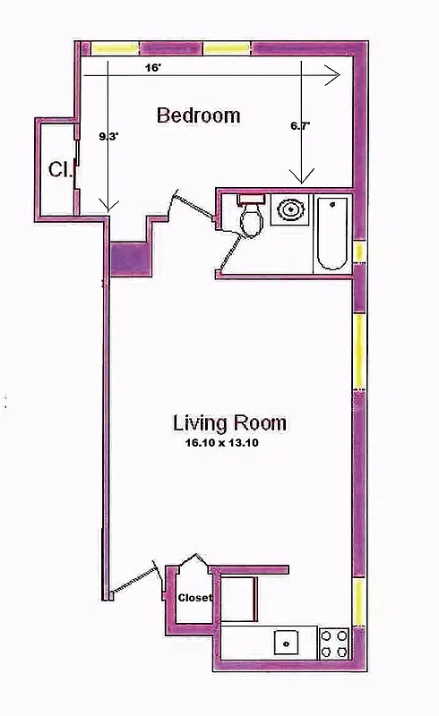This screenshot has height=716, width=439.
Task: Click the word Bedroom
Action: (x=198, y=115)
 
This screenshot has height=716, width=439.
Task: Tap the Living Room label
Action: (x=229, y=422)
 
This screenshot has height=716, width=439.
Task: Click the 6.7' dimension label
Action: (x=301, y=127)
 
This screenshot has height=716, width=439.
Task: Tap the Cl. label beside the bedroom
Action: (x=60, y=167)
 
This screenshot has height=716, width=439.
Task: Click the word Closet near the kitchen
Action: (x=194, y=597)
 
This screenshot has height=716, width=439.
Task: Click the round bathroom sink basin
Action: (x=291, y=210)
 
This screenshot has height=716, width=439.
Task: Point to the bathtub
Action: (x=332, y=232)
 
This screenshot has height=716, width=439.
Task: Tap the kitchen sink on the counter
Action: (x=285, y=642)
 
